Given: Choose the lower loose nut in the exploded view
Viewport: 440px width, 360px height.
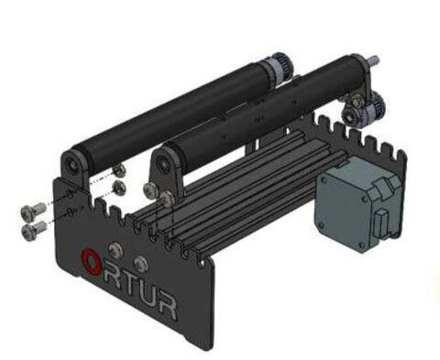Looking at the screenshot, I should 119,188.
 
